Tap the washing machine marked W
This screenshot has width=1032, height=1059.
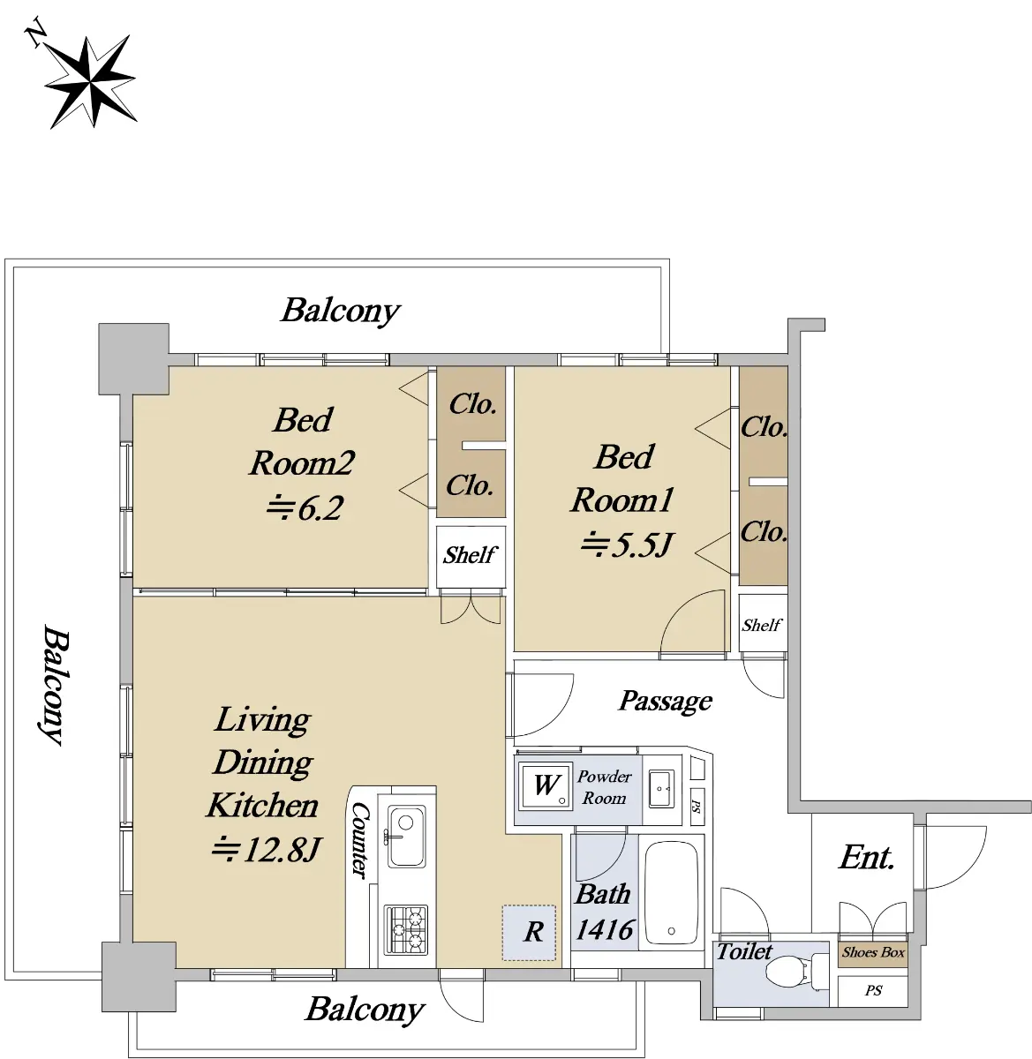coord(545,785)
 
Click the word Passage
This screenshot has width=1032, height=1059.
coord(665,701)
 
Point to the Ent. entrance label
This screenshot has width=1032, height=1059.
coord(866,858)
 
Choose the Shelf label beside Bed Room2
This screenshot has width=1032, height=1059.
coord(470,555)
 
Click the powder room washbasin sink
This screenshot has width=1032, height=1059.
coord(661,789)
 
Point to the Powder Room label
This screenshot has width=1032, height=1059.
coord(604,787)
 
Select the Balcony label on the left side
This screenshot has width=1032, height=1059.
coord(55,685)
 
